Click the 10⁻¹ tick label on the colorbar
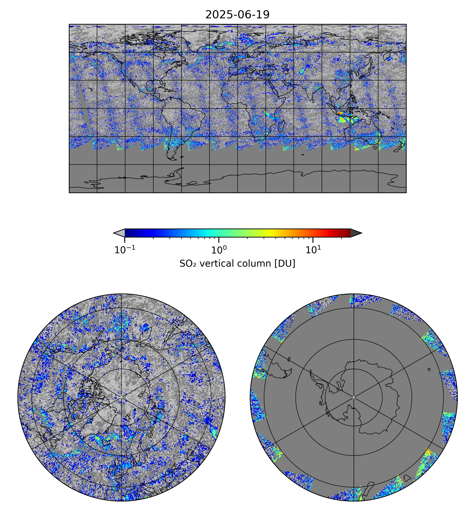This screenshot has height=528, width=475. [125, 250]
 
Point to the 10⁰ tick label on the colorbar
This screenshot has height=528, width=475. [219, 250]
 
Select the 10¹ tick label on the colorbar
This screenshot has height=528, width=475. [313, 250]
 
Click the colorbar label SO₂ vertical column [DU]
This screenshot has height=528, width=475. [237, 263]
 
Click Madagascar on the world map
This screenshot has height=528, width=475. [281, 126]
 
